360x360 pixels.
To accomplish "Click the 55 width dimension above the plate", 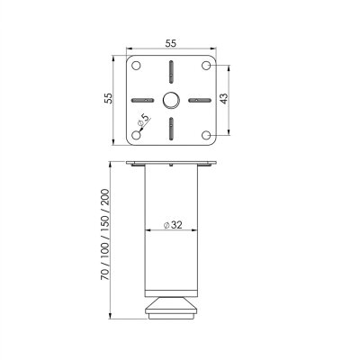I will click(x=170, y=42).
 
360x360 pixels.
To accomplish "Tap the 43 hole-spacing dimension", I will click(x=233, y=99).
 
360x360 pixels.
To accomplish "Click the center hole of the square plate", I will click(x=170, y=99).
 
